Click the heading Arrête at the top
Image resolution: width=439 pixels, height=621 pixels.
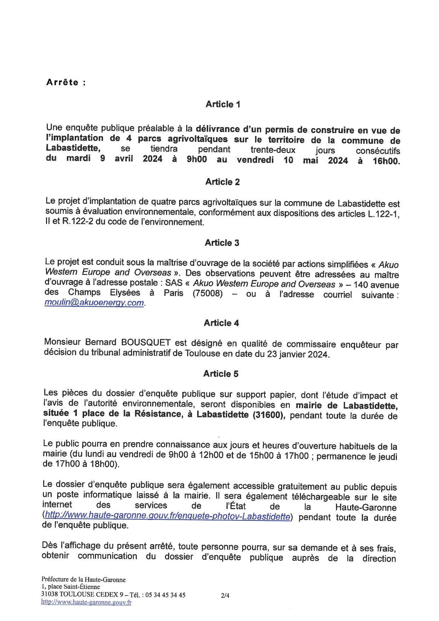pyautogui.click(x=62, y=82)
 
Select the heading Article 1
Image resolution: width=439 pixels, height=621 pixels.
pyautogui.click(x=223, y=104)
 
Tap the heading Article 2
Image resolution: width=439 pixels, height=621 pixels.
pyautogui.click(x=222, y=182)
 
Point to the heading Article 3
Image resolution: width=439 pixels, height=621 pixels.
pyautogui.click(x=222, y=243)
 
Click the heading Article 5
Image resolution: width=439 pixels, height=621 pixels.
pyautogui.click(x=221, y=374)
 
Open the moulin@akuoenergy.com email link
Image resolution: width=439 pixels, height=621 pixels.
pyautogui.click(x=94, y=303)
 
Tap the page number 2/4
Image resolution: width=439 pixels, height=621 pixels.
pyautogui.click(x=225, y=596)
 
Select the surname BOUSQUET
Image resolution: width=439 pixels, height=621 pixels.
pyautogui.click(x=146, y=342)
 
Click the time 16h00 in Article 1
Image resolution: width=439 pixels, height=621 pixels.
pyautogui.click(x=386, y=161)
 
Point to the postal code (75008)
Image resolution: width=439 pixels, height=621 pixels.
pyautogui.click(x=208, y=294)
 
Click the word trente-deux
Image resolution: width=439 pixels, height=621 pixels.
pyautogui.click(x=273, y=150)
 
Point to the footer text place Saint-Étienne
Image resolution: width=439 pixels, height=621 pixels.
pyautogui.click(x=74, y=587)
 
